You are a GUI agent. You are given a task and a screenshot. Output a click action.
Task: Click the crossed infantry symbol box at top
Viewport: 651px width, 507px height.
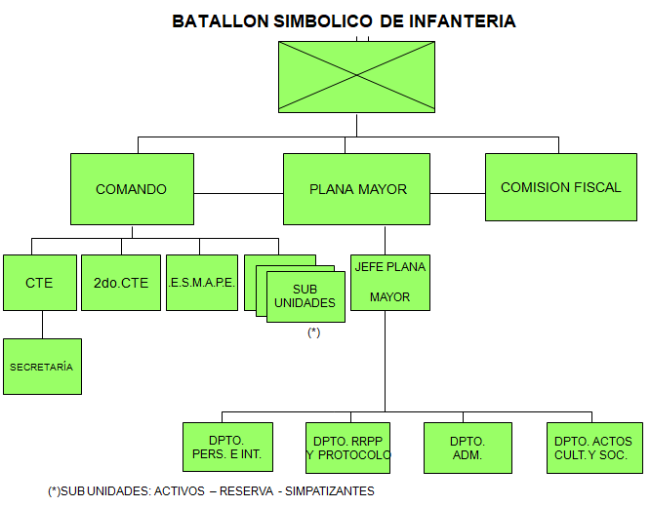coord(356,77)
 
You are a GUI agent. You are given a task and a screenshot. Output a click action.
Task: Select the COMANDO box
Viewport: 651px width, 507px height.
coord(131,189)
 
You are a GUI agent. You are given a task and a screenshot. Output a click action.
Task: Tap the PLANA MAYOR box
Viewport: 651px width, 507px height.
coord(356,189)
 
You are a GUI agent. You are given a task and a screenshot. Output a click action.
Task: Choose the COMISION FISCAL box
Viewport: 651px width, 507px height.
coord(560,187)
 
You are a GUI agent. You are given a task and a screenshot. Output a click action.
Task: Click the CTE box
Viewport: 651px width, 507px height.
coord(40,283)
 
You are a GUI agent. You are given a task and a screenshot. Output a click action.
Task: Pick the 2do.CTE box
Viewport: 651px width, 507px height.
coord(121,283)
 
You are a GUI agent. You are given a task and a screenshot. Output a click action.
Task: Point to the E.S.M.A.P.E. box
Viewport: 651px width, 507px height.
coord(201,283)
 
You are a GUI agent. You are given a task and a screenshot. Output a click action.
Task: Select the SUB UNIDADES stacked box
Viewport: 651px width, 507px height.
coord(305,296)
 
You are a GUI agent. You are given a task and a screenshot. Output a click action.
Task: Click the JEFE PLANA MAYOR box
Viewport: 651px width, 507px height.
coord(390,282)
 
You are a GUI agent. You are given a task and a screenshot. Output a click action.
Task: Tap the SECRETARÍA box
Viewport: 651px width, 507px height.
coord(42,367)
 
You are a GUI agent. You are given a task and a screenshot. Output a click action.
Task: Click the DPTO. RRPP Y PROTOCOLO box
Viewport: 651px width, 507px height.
coord(348,448)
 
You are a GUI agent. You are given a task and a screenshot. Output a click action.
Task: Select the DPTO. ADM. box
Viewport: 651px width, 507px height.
coord(468,448)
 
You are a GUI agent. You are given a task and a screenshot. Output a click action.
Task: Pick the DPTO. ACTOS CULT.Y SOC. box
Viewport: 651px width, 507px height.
coord(592,448)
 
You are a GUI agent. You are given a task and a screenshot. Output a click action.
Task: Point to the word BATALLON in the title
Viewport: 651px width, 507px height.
coord(220,20)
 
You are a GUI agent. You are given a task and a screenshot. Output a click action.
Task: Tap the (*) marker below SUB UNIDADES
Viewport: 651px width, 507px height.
coord(313,332)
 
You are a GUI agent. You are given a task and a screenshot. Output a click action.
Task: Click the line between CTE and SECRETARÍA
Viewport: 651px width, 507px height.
coord(42,325)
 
